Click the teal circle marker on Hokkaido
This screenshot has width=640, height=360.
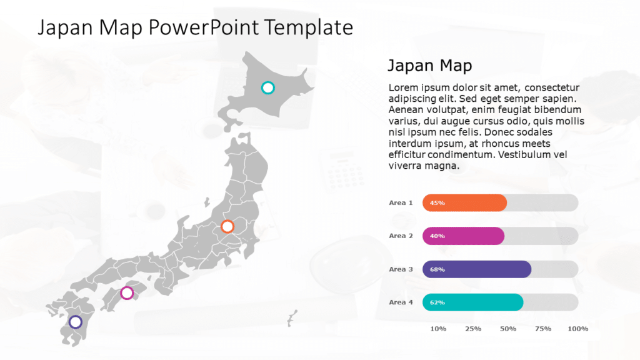pos(267,87)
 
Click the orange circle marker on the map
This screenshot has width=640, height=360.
pos(227,226)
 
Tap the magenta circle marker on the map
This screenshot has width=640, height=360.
pos(127,292)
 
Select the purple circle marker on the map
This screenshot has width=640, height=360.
pos(76,322)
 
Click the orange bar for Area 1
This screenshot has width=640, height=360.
pos(464,202)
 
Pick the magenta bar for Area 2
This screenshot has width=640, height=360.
pos(463,236)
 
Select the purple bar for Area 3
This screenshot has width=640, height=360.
pos(477,269)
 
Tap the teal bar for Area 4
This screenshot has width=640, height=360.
pos(472,302)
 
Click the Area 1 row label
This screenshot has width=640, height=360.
pos(401,202)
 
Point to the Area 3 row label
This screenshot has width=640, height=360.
pos(401,269)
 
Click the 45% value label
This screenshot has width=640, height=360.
pos(437,203)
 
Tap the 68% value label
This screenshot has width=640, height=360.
pos(437,270)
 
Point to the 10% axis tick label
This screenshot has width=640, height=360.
pos(438,329)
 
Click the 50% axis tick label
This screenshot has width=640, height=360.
pos(507,329)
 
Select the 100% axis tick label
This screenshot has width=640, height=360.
pos(578,329)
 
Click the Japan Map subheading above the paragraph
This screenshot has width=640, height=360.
pos(429,66)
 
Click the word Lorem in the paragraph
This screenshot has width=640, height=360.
pos(402,87)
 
